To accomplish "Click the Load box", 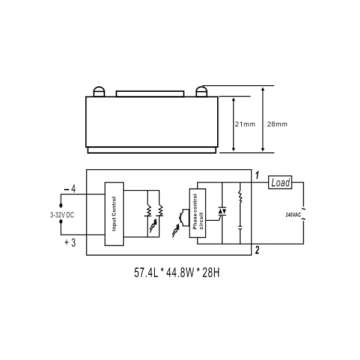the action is click(x=280, y=182).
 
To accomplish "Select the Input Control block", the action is click(x=115, y=214).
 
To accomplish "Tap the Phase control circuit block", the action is click(x=197, y=213).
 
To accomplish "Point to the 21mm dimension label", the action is click(x=245, y=124).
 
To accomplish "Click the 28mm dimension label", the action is click(x=277, y=124).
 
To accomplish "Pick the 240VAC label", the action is click(x=293, y=215).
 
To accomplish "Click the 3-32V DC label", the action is click(x=62, y=215).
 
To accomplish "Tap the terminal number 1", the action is click(x=257, y=175).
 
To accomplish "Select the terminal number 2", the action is click(x=257, y=250).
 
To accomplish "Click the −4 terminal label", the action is click(x=70, y=189).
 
